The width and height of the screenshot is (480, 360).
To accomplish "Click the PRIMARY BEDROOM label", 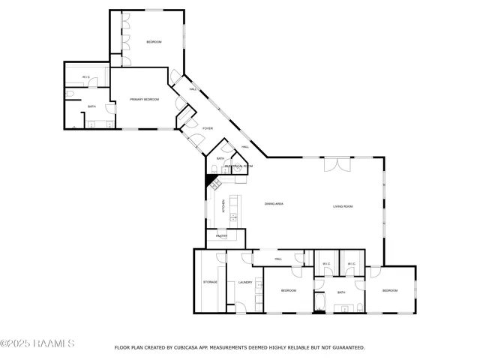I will [145, 99].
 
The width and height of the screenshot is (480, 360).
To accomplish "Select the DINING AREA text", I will [273, 204].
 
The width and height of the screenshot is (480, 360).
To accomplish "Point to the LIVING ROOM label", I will [343, 206].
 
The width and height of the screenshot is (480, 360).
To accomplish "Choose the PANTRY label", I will [221, 236].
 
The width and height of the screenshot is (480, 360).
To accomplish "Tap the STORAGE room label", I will [209, 282].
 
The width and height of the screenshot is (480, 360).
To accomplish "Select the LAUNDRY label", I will [245, 283].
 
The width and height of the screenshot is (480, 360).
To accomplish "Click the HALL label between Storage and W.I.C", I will [277, 259].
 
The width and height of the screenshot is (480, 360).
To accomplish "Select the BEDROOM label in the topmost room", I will [154, 42].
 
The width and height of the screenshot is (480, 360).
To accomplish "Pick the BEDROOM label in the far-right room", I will [390, 290].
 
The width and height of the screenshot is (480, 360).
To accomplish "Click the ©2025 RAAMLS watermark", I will [37, 344].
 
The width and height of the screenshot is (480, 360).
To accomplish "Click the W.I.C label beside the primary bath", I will [86, 77].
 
